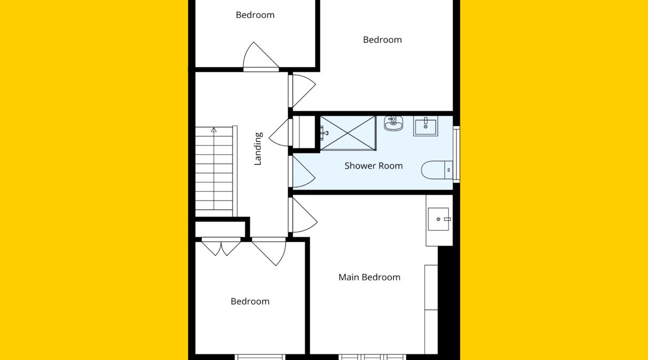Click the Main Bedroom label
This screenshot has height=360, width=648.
(x=369, y=277)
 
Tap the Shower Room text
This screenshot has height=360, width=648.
(x=374, y=166)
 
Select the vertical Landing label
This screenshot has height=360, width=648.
(x=258, y=149)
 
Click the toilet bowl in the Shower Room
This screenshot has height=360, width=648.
(x=432, y=170)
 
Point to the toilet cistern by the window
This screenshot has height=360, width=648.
(x=449, y=170)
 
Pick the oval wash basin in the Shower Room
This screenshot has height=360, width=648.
(x=393, y=123)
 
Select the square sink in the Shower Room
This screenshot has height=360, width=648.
(x=426, y=126)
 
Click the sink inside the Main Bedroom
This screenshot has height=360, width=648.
(x=439, y=219)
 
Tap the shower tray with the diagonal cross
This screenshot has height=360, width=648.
(x=348, y=133)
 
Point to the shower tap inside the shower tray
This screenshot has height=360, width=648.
(x=324, y=133)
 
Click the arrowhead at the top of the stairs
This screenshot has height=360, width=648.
(x=214, y=130)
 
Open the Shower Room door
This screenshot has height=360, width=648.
(x=304, y=172)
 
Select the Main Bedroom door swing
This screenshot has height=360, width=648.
(x=305, y=215)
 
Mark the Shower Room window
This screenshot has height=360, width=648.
(x=456, y=154)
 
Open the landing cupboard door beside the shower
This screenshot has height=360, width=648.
(x=280, y=133)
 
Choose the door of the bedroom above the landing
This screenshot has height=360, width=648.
(x=260, y=56)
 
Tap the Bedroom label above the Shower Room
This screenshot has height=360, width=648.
(x=382, y=40)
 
